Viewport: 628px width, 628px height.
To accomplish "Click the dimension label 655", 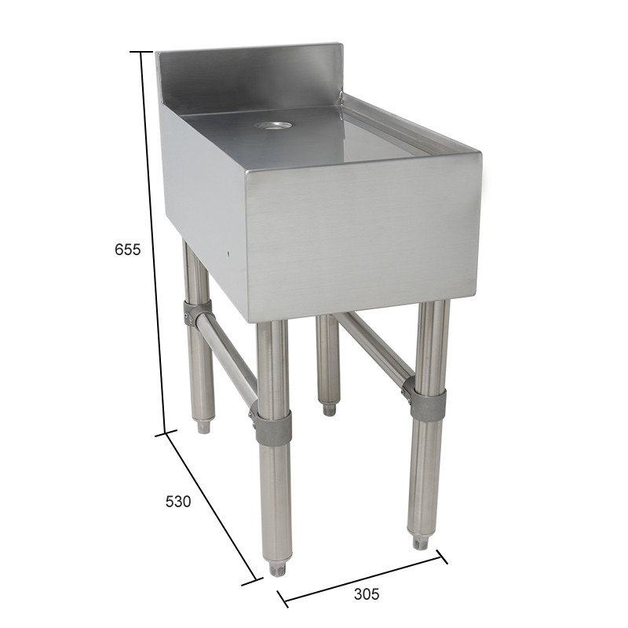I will click(x=127, y=250).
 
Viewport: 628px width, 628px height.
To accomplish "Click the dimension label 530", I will click(x=177, y=501).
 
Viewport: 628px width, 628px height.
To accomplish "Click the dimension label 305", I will click(x=366, y=594).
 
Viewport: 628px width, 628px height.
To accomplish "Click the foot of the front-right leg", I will click(x=421, y=541).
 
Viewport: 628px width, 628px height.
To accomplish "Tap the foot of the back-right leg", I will click(x=329, y=408).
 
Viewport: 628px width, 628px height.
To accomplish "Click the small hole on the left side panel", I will click(x=228, y=254).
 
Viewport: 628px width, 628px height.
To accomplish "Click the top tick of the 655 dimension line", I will click(x=141, y=52).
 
